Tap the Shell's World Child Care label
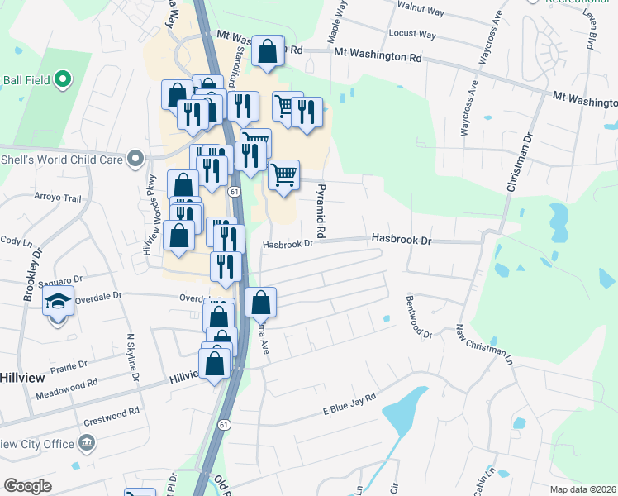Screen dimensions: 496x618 [x=63, y=159]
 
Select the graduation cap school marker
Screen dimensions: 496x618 [x=59, y=303]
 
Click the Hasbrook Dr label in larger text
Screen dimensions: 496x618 [x=402, y=238]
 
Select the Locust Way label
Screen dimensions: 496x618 [x=416, y=35]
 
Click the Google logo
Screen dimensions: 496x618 [x=27, y=486]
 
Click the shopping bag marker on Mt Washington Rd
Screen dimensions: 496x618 [x=268, y=52]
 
